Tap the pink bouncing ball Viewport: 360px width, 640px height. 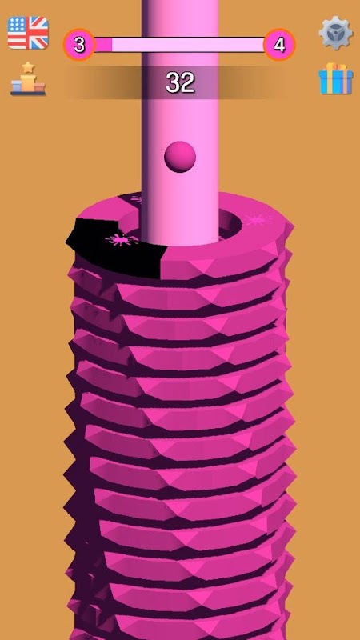(180, 157)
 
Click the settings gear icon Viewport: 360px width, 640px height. (335, 33)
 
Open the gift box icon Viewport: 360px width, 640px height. (335, 78)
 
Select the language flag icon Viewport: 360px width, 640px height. (28, 33)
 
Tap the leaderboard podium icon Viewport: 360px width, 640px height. (28, 78)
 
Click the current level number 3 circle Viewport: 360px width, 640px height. (79, 45)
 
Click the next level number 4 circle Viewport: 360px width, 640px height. (279, 45)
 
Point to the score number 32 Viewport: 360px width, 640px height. (180, 83)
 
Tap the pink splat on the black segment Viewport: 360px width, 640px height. (119, 240)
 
